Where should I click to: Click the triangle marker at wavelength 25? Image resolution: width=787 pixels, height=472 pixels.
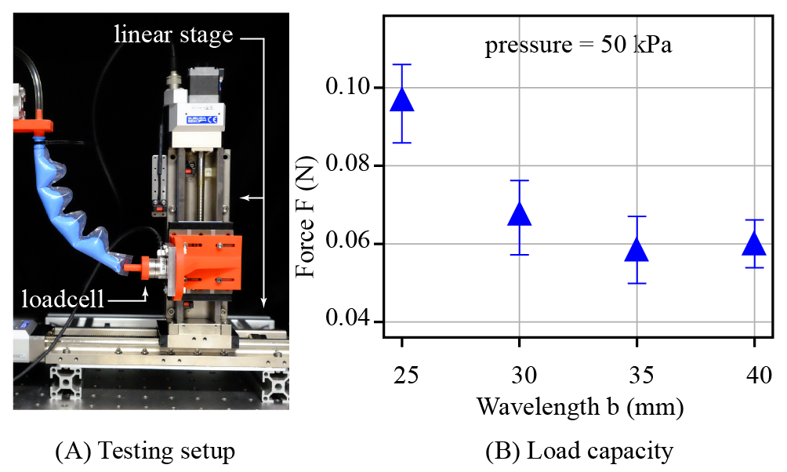pyautogui.click(x=401, y=100)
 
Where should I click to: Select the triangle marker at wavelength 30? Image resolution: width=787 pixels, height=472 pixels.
pyautogui.click(x=519, y=213)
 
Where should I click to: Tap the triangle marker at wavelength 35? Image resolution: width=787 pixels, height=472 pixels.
pyautogui.click(x=636, y=250)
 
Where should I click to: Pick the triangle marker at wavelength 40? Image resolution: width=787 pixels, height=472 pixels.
pyautogui.click(x=754, y=244)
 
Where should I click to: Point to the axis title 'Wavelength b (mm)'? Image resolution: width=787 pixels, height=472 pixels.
pyautogui.click(x=578, y=408)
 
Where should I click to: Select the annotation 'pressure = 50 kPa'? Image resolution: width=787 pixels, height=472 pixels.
pyautogui.click(x=579, y=45)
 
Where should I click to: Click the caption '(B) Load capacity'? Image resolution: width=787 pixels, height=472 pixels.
pyautogui.click(x=578, y=452)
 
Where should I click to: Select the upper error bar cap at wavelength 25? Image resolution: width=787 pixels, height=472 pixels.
pyautogui.click(x=401, y=64)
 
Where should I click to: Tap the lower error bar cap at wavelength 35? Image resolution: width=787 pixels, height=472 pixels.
pyautogui.click(x=636, y=283)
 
